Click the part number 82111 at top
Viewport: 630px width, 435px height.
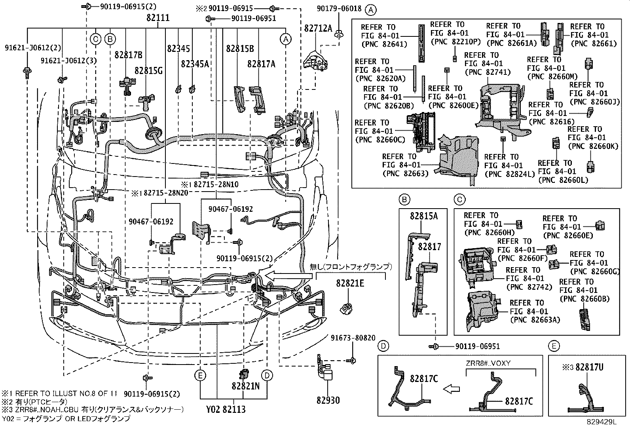[158, 18]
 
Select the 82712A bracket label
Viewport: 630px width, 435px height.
[318, 28]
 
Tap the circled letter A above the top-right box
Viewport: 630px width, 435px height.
[370, 9]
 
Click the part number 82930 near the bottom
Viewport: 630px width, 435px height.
[328, 400]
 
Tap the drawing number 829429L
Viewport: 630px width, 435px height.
[602, 422]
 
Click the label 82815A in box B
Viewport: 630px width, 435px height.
[424, 216]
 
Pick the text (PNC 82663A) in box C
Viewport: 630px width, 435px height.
[535, 320]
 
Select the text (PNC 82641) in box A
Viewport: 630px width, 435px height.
[384, 44]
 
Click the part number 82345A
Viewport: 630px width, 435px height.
[195, 63]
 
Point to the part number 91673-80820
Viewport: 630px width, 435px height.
[353, 338]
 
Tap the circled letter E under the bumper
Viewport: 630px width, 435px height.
[201, 375]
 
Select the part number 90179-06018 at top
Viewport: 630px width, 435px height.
[339, 8]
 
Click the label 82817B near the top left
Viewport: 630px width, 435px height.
[129, 54]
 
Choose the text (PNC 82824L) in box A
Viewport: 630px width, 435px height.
[509, 174]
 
